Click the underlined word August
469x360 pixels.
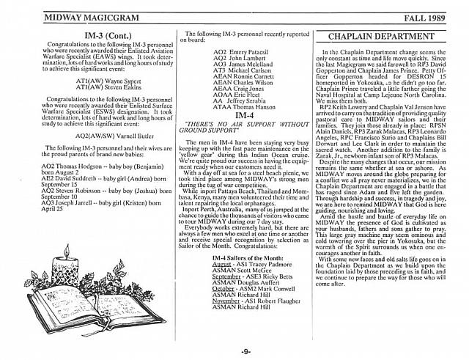coord(220,286)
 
